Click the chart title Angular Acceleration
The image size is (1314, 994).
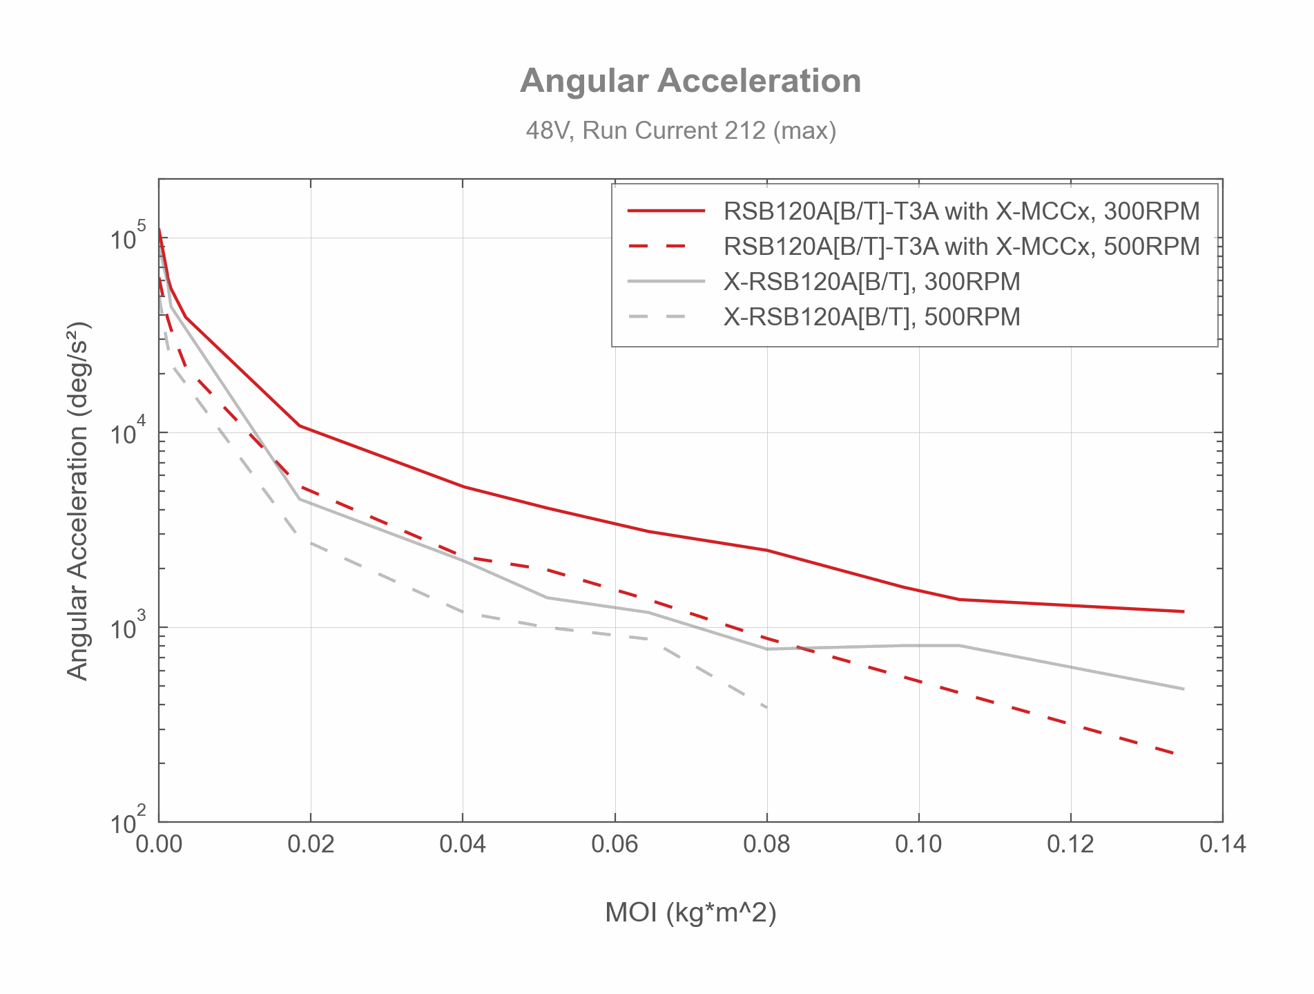pos(690,81)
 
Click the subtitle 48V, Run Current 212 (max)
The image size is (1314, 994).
pos(681,131)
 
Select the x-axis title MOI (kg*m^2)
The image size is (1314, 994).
pos(690,912)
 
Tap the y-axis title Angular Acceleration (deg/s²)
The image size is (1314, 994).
pos(78,500)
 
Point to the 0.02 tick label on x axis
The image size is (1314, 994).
pos(311,844)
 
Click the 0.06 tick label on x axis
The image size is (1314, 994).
pos(615,844)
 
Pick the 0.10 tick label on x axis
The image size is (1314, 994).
pos(918,844)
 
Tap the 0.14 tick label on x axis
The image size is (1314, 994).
pos(1222,844)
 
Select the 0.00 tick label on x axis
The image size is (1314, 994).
pos(159,844)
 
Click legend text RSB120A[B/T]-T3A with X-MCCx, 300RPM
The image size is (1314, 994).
pos(961,211)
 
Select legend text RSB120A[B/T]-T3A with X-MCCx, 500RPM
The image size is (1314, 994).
pos(961,247)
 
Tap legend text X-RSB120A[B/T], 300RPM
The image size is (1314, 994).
pos(871,282)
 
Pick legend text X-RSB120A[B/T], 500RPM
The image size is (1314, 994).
pos(871,317)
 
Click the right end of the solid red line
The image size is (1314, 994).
pos(1183,611)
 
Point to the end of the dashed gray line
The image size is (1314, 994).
pos(766,707)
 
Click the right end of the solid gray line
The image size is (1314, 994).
pos(1183,689)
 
